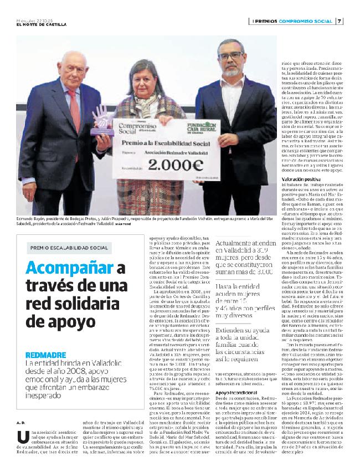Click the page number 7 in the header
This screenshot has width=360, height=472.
click(340, 22)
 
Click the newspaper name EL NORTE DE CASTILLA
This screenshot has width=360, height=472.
click(42, 25)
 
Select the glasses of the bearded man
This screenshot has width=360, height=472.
click(230, 55)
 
